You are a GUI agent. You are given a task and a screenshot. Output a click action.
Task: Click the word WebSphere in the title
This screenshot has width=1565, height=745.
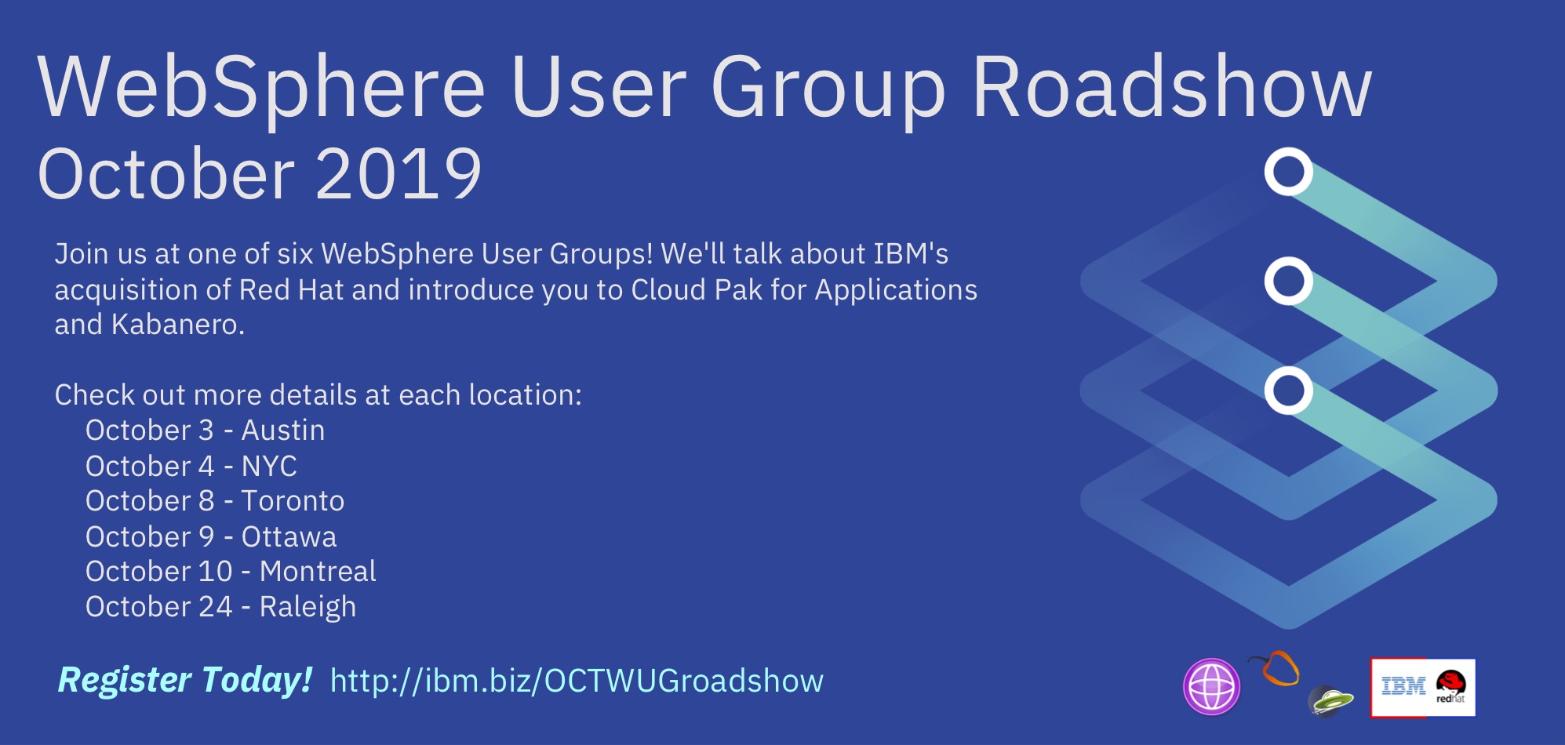point(262,89)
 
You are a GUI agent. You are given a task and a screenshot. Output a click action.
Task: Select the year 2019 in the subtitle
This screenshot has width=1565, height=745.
point(399,173)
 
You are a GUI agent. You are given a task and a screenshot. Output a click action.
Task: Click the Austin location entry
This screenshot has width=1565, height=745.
point(283,431)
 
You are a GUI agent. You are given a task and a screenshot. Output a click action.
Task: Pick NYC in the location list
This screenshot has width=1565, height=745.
point(269,467)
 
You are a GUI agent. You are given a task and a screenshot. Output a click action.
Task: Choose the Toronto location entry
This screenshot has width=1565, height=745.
point(293,501)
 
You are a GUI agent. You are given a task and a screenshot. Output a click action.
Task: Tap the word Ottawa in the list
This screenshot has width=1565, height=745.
point(289,537)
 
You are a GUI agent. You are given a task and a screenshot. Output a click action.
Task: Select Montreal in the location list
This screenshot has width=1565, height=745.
point(318,572)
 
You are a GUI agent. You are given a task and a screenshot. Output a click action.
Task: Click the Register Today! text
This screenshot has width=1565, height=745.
point(185,680)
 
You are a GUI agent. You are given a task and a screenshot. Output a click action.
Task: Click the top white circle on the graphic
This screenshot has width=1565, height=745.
point(1288,172)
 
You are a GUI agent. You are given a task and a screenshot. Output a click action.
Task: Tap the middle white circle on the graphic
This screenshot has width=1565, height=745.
point(1288,281)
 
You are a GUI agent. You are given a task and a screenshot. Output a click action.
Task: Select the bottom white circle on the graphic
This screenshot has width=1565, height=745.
point(1288,391)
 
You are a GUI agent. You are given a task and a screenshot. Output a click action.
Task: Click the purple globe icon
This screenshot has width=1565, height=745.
point(1211,687)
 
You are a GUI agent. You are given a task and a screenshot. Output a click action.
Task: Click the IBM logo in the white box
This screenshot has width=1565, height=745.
point(1403,687)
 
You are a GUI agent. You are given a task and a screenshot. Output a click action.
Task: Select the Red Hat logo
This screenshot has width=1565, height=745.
point(1450,686)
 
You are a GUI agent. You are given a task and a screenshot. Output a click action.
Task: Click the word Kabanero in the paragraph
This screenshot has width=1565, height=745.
point(177,325)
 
